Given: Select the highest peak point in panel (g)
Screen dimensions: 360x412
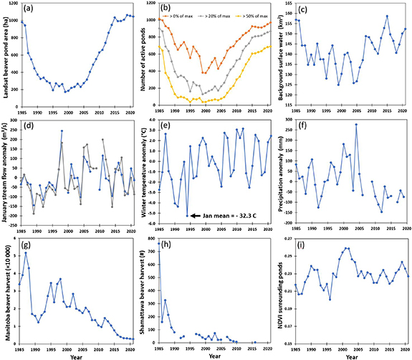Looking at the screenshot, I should point(27,253).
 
